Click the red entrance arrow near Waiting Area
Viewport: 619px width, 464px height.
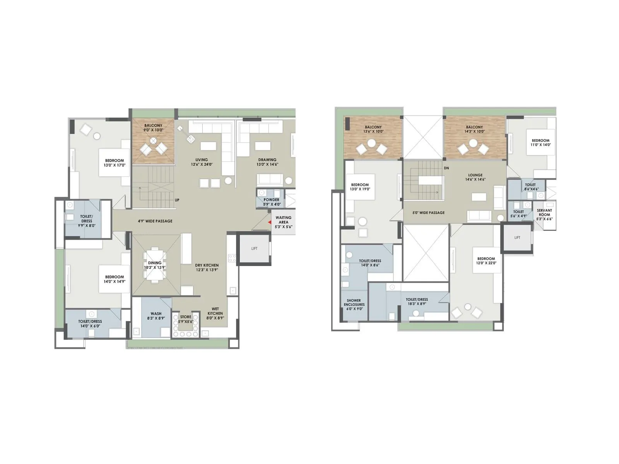coord(270,222)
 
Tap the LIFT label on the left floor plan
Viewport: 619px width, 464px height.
coord(254,249)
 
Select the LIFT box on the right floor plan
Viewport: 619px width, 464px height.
coord(517,238)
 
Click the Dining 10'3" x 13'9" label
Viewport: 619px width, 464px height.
coord(155,265)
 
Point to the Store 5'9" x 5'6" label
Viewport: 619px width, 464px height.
coord(186,319)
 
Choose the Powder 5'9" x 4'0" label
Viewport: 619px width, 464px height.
coord(272,202)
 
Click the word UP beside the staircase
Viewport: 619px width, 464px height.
coord(177,200)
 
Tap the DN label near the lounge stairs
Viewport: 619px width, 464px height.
coord(446,168)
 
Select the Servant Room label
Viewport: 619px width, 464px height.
coord(544,215)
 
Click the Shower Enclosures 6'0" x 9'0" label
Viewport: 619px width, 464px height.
coord(354,305)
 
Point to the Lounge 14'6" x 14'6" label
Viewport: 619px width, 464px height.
coord(475,177)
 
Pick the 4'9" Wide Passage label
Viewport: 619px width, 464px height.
coord(155,221)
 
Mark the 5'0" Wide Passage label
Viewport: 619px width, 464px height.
coord(428,213)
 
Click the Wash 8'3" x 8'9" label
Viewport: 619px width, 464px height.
coord(156,316)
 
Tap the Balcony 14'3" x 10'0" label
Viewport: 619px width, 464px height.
coord(474,129)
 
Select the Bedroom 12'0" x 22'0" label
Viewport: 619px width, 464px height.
coord(486,261)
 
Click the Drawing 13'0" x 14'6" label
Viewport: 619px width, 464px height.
coord(267,162)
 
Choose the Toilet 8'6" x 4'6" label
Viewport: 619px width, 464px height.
coord(530,187)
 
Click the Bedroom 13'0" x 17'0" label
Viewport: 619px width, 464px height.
coord(115,163)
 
